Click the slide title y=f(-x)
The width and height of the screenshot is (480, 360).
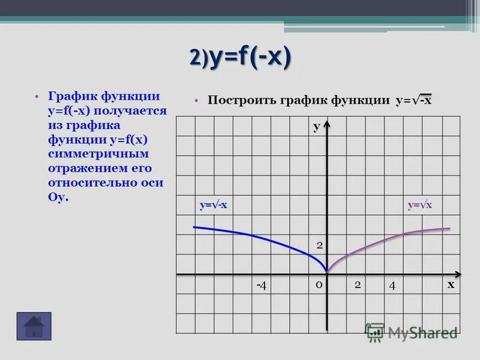coord(241,58)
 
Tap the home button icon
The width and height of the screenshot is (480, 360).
coord(34,326)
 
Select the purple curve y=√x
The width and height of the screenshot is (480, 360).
coord(390,238)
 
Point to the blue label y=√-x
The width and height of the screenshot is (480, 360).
coord(213,205)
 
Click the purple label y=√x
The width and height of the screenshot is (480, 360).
coord(420,205)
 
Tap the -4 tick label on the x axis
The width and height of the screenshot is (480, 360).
coord(261,285)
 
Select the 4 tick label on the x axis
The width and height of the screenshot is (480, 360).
coord(392,285)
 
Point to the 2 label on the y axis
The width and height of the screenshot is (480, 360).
coord(320,245)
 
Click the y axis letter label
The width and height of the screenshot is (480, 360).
coord(316,127)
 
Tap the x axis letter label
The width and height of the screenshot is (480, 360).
coord(450,284)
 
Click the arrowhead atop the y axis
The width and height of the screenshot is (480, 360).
coord(326,125)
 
